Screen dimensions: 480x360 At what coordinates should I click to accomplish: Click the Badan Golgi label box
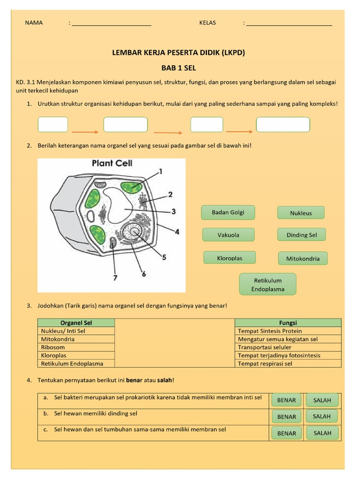(x=228, y=212)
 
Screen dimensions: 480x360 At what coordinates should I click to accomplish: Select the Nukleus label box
(x=301, y=213)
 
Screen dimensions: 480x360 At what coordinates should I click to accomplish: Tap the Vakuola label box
(x=228, y=235)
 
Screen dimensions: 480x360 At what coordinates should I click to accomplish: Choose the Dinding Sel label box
(x=301, y=235)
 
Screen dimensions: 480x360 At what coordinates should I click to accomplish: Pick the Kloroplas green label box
(x=229, y=258)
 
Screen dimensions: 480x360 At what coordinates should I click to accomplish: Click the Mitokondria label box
(x=302, y=258)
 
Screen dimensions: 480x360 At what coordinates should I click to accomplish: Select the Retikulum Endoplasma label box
(x=268, y=285)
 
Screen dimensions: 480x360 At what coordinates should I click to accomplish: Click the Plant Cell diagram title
(x=112, y=164)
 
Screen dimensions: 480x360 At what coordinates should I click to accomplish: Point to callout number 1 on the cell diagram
(x=161, y=172)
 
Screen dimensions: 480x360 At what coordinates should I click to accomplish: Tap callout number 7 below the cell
(x=115, y=277)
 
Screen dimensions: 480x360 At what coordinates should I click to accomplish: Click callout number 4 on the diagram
(x=177, y=231)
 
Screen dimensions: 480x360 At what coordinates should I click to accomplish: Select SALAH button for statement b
(x=322, y=416)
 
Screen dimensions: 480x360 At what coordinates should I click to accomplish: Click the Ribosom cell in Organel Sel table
(x=76, y=347)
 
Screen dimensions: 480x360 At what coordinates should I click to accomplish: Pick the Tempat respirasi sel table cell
(x=287, y=363)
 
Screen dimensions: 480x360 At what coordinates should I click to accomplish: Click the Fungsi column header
(x=287, y=322)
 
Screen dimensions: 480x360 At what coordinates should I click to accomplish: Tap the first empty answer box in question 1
(x=53, y=125)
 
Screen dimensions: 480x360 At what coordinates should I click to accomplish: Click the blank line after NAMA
(x=112, y=23)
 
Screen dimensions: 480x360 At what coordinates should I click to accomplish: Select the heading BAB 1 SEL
(x=179, y=68)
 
